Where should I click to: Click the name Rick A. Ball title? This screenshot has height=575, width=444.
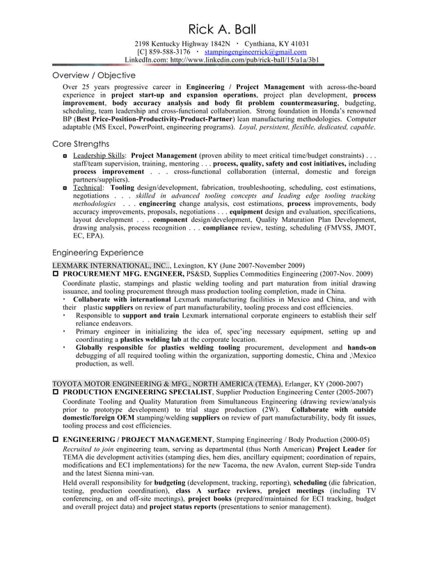(222, 29)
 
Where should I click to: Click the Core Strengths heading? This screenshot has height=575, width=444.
(81, 144)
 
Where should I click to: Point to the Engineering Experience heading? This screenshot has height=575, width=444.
(98, 253)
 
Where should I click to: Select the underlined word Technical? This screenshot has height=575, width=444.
(87, 188)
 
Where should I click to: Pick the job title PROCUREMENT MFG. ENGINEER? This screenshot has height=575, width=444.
(122, 274)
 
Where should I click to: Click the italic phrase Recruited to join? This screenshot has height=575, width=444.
(90, 450)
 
